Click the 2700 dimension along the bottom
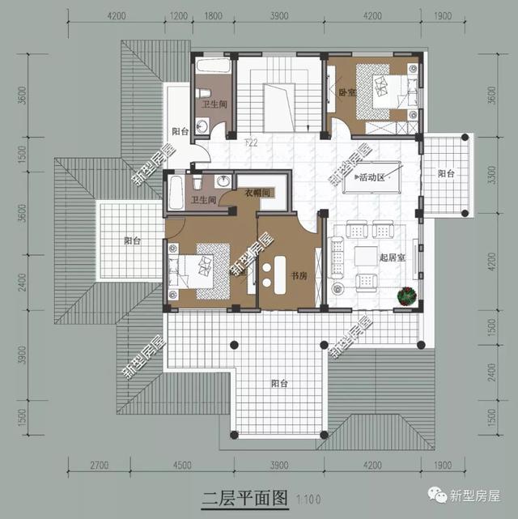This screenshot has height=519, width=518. pos(99,466)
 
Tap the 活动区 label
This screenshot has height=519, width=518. pos(372,177)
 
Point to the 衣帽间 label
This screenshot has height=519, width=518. pos(257,193)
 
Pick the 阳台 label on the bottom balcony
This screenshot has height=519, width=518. pos(280,383)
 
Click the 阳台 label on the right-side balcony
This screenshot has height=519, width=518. pos(446,173)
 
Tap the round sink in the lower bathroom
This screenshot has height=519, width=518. pos(222,181)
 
